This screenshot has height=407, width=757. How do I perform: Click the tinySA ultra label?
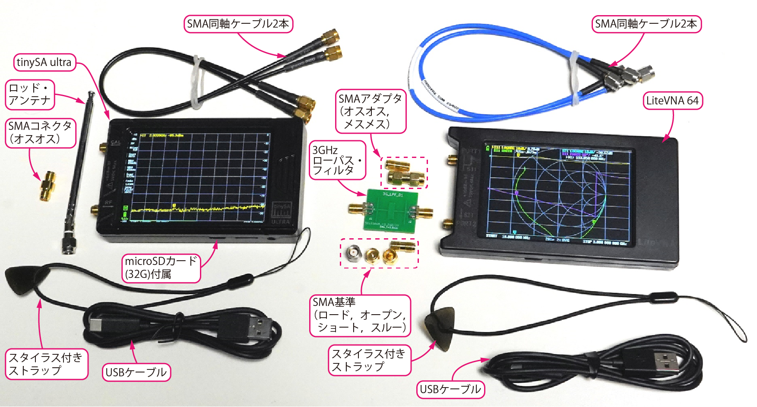(44, 63)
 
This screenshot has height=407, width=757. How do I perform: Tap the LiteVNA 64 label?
(672, 101)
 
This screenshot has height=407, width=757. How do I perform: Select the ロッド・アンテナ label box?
(30, 94)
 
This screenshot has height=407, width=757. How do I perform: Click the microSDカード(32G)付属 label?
(161, 268)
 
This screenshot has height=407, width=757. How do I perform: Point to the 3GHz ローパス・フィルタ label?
(337, 160)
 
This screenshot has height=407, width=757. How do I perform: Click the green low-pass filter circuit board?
(391, 210)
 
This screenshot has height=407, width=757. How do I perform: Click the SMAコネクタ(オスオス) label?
(40, 133)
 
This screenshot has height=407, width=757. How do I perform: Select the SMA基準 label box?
(359, 315)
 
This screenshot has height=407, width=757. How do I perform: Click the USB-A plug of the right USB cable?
(670, 362)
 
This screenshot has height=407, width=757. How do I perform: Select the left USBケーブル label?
(136, 372)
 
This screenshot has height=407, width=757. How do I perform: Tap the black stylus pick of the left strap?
(24, 278)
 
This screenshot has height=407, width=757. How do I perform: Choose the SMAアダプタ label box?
(371, 111)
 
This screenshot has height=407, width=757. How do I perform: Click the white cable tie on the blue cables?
(575, 78)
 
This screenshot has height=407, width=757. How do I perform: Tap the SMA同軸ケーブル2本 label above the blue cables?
(646, 24)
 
